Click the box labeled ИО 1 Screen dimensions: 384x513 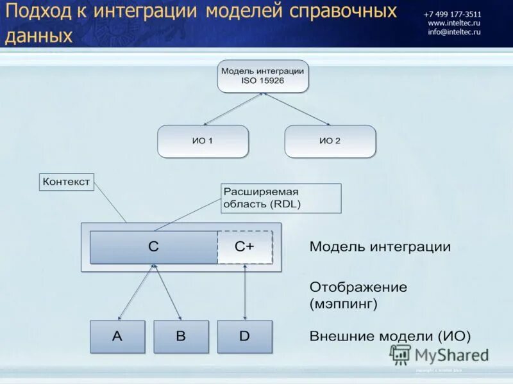pyautogui.click(x=203, y=141)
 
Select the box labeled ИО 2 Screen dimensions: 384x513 pyautogui.click(x=330, y=141)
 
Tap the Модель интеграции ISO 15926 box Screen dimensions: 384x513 pyautogui.click(x=263, y=76)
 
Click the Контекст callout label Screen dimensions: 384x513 pyautogui.click(x=66, y=182)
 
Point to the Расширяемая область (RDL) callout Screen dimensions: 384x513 pyautogui.click(x=281, y=198)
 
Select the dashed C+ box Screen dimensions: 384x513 pyautogui.click(x=244, y=247)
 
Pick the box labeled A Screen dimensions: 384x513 pyautogui.click(x=117, y=337)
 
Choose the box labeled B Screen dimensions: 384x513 pyautogui.click(x=181, y=337)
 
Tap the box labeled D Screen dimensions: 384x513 pyautogui.click(x=244, y=337)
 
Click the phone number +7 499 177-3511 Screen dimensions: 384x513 pyautogui.click(x=453, y=14)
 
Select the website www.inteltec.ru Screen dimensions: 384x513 pyautogui.click(x=454, y=23)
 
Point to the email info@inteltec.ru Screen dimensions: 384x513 pyautogui.click(x=454, y=32)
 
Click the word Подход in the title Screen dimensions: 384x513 pyautogui.click(x=40, y=13)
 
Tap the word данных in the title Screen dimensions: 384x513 pyautogui.click(x=38, y=36)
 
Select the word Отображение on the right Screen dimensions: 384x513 pyautogui.click(x=358, y=287)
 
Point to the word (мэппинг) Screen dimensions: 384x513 pyautogui.click(x=343, y=304)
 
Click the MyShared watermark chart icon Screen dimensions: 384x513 pyautogui.click(x=400, y=355)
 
